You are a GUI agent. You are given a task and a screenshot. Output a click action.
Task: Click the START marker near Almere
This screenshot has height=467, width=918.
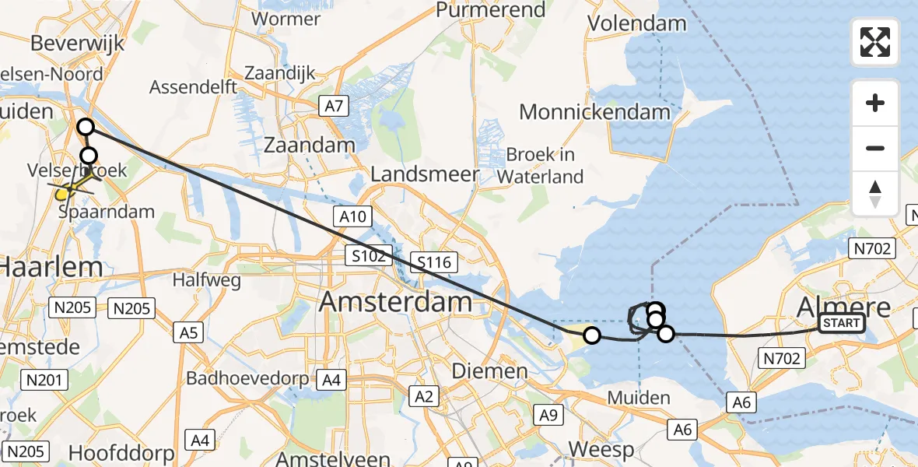coord(842,323)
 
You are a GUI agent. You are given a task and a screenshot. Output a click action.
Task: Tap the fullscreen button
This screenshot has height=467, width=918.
coord(875,42)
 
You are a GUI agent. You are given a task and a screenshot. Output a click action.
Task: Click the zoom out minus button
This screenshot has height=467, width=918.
coord(875,148)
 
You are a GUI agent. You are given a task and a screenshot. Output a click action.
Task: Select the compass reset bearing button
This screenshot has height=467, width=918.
coord(875,194)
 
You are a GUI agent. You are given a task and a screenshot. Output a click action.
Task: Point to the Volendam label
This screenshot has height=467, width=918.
coord(637,23)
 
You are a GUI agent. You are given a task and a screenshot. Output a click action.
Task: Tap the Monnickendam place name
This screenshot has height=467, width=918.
coord(594,112)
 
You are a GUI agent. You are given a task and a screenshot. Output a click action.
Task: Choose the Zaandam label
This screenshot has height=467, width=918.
coord(310,145)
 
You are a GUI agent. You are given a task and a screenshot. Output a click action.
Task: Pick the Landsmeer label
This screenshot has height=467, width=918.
coord(425,174)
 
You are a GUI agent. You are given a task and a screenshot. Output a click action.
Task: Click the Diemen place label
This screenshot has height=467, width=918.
coord(500,370)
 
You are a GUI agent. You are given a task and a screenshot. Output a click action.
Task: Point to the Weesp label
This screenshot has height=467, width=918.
coord(601,449)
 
